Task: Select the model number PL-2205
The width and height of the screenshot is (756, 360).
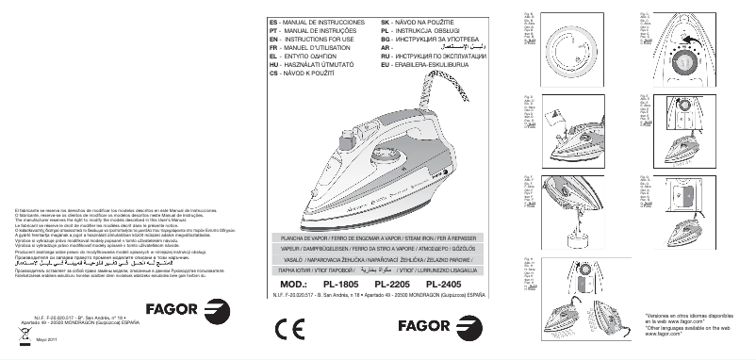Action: pos(392,284)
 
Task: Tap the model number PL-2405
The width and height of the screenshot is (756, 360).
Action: pos(444,284)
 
